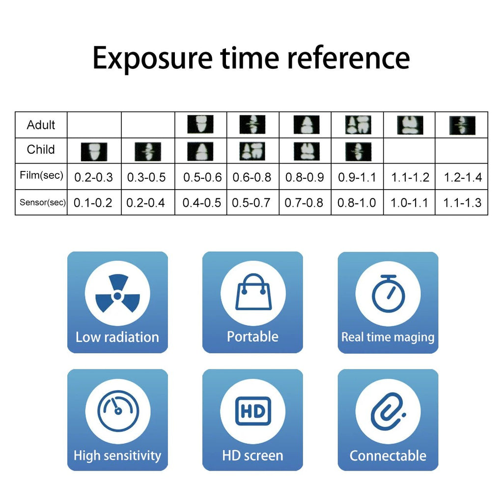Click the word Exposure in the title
152,59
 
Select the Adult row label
41,125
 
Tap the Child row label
41,149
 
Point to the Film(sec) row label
41,175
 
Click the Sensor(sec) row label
43,202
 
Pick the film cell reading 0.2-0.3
94,177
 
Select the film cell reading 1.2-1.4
463,177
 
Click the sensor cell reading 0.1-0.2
93,203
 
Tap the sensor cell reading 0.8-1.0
357,203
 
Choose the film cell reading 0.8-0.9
305,177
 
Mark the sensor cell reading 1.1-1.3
462,203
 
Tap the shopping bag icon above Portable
253,292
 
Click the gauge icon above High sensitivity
118,411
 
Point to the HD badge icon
253,411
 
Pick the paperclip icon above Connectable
388,411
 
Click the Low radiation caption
117,337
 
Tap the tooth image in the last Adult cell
462,125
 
